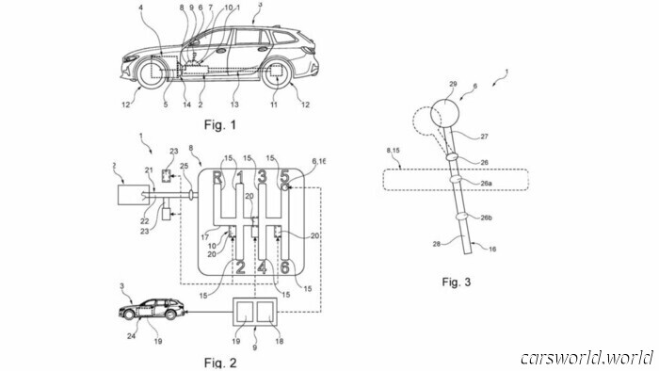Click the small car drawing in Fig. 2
(x=149, y=311)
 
